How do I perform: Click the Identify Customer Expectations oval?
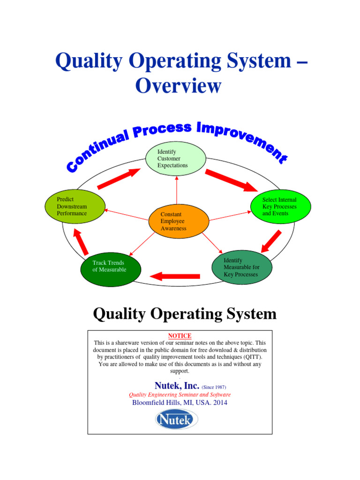point(175,158)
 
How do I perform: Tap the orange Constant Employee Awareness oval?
point(178,221)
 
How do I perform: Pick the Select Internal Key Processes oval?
point(280,206)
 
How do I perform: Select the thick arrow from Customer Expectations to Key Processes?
point(231,180)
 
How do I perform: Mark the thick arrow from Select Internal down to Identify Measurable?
point(271,240)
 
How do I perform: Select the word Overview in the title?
point(178,86)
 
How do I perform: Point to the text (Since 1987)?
point(214,387)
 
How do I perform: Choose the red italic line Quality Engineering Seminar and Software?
point(180,395)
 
